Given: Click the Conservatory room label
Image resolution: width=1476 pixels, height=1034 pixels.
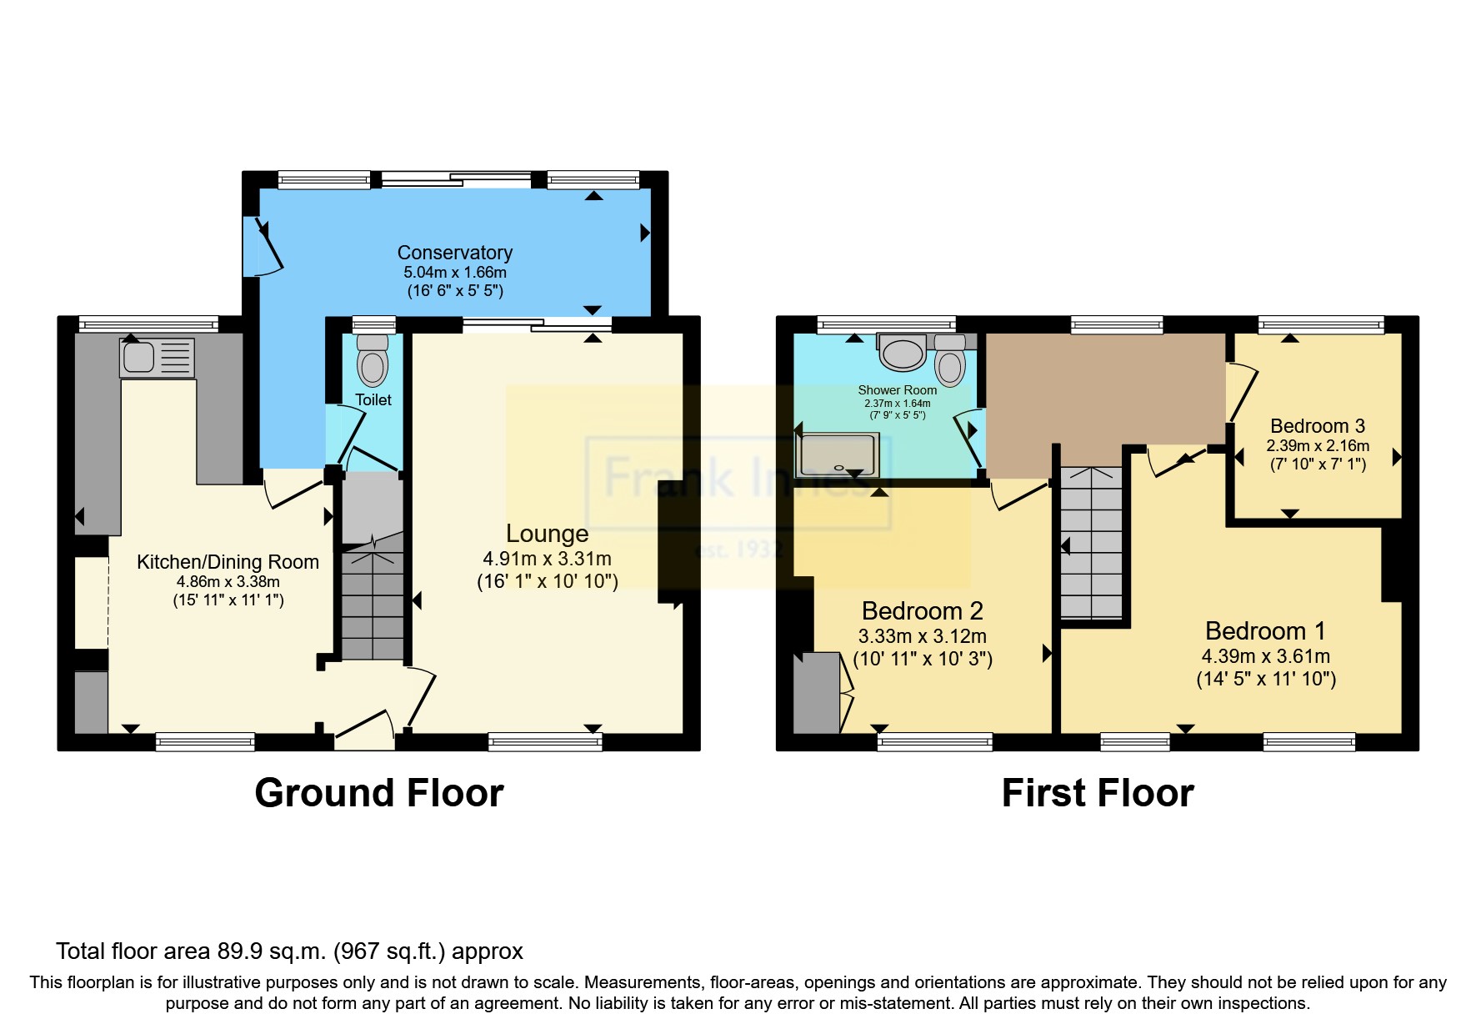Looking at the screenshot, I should point(454,253).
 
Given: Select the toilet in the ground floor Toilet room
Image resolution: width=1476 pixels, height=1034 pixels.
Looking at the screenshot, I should point(372,362).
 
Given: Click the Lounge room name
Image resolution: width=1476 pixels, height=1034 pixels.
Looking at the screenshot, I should point(547,534).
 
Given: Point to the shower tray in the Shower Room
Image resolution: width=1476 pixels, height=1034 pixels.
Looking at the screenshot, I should point(837,455).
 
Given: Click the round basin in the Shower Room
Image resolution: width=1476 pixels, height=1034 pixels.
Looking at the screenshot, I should point(903,354).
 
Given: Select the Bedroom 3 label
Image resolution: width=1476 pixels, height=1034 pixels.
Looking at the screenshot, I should point(1317,426).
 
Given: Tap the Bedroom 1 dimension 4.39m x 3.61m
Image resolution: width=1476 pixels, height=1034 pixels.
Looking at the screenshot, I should point(1265,656).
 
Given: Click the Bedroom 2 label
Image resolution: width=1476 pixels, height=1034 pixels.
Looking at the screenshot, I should point(922,611).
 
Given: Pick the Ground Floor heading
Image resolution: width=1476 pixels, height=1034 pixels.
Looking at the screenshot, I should point(378,793).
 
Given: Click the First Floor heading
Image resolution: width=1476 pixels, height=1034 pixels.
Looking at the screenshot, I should point(1097,793).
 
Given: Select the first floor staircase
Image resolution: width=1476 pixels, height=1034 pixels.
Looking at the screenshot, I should point(1091,542).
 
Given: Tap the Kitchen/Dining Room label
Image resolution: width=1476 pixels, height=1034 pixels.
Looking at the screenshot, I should point(228,562).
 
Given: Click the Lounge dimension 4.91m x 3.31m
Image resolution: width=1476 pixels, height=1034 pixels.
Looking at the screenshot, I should point(547,559).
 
